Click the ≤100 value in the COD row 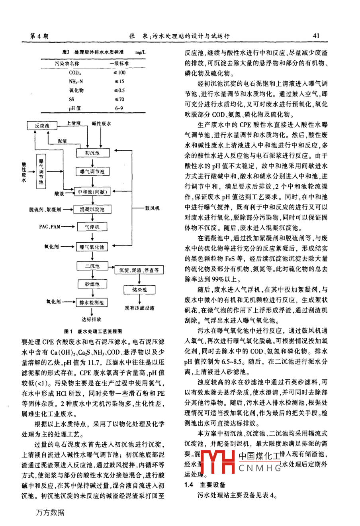(119, 73)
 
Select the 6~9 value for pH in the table (119, 108)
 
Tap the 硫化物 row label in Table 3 (76, 90)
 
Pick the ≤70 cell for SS (119, 99)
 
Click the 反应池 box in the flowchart (42, 126)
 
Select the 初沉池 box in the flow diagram (92, 153)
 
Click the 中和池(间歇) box (92, 192)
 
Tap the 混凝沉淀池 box (92, 209)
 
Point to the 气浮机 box (92, 227)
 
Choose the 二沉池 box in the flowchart (92, 266)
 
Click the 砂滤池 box (92, 284)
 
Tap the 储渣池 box (139, 290)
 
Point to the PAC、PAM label (50, 227)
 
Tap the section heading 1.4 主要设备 (205, 485)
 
